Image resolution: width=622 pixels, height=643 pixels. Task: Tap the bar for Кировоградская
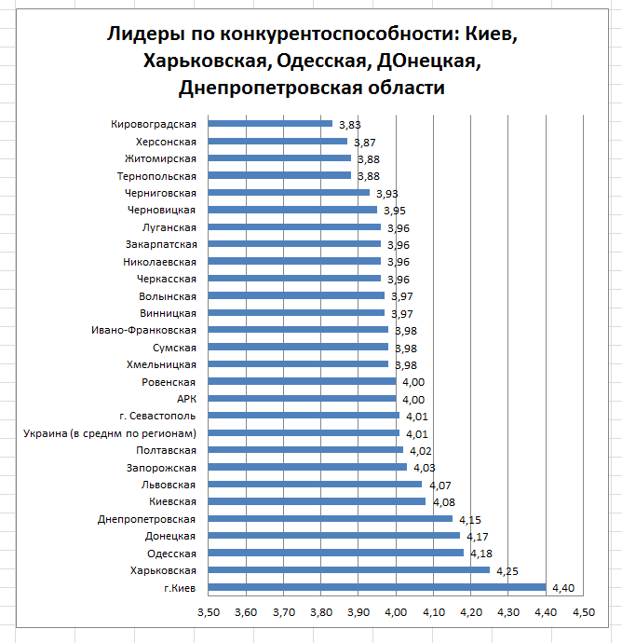click(270, 123)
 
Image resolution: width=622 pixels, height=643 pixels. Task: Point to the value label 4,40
click(563, 587)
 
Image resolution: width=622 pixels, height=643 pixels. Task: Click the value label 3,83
click(349, 124)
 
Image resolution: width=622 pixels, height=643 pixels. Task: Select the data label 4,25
click(507, 570)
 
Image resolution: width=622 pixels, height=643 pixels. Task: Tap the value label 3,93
click(386, 193)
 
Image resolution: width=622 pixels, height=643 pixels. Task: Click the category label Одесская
click(171, 553)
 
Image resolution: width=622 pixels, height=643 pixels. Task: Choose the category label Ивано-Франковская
click(143, 329)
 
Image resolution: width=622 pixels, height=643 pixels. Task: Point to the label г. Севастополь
click(157, 415)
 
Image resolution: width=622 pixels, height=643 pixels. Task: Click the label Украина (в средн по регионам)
click(109, 432)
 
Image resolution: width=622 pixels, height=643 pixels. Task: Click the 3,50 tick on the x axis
click(208, 613)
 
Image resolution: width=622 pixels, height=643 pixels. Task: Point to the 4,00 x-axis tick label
click(396, 613)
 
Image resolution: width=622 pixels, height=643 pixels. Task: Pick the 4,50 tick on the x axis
click(583, 613)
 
